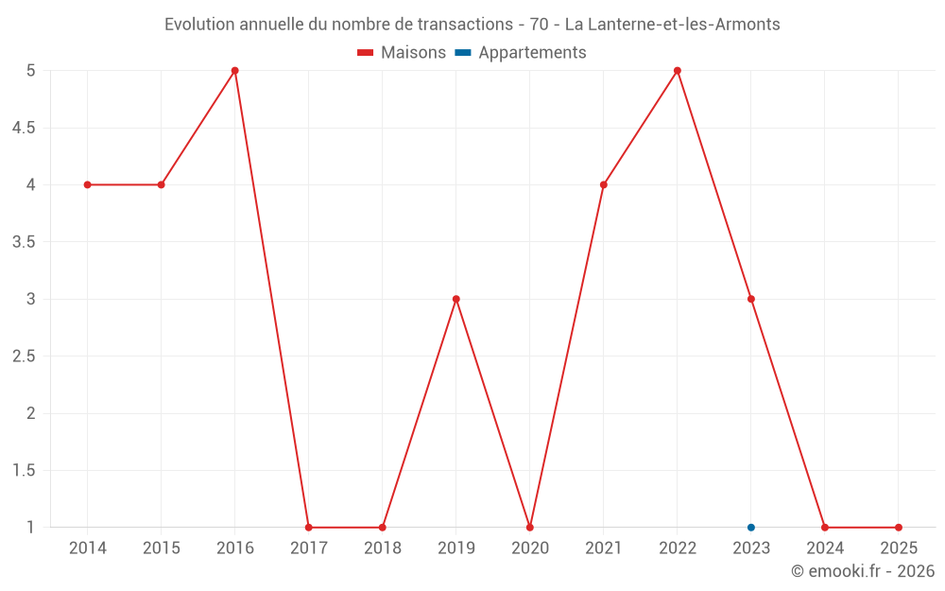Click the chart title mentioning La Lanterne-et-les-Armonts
tap(472, 25)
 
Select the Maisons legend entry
tap(403, 53)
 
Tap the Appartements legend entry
tap(521, 53)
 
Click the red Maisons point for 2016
tap(235, 71)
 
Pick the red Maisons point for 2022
tap(678, 71)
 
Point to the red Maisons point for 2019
tap(456, 299)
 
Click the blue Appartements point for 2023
tap(751, 528)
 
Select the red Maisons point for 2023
tap(751, 299)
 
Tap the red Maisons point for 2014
tap(88, 184)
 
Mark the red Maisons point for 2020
tap(530, 528)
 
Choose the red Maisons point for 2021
tap(604, 184)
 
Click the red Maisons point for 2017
tap(309, 528)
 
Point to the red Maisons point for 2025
tap(899, 528)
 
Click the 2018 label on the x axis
tap(383, 548)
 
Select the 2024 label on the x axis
tap(825, 548)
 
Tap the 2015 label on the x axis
tap(162, 548)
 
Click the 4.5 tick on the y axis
tap(24, 128)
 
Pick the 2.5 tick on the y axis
tap(24, 356)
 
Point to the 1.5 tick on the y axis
tap(24, 471)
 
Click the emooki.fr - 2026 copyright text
tap(863, 571)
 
